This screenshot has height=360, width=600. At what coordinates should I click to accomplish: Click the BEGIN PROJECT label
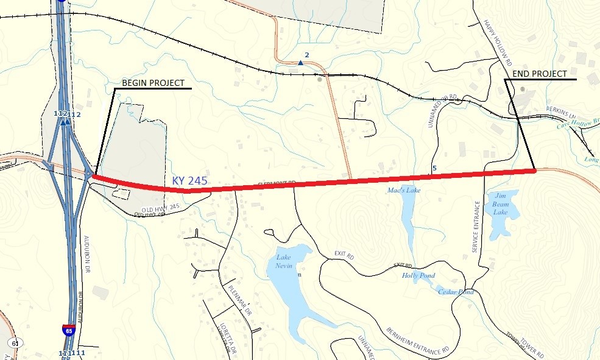(153, 83)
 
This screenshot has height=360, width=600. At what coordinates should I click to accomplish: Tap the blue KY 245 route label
(189, 181)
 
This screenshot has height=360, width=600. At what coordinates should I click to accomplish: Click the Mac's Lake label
(404, 190)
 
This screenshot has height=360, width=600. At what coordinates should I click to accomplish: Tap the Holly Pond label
(418, 275)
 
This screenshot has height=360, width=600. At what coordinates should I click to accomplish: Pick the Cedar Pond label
(456, 292)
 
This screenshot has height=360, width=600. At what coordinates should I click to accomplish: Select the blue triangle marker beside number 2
(300, 63)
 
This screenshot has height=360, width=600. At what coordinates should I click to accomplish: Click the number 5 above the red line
(434, 168)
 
